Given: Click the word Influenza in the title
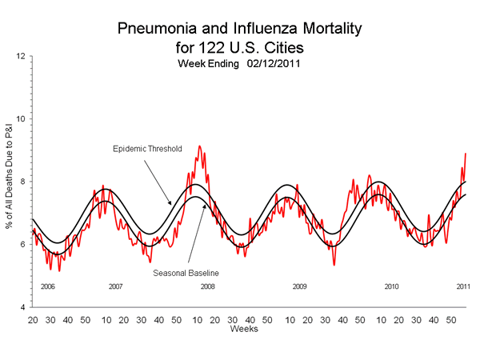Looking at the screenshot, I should point(253,30).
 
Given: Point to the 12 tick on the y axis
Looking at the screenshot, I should point(22,56).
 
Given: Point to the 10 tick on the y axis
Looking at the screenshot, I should point(22,119).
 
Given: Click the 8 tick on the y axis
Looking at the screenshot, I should point(24,182).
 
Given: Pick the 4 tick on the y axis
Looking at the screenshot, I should point(24,307).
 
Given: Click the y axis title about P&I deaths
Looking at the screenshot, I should point(9,182).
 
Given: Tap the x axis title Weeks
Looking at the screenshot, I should point(243,329).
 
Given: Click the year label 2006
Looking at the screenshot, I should point(46,286).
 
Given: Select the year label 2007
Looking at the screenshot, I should point(115,286).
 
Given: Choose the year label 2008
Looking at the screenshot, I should point(207,286).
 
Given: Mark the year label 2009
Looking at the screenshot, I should point(299,286).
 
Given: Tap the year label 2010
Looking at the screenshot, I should point(391,286).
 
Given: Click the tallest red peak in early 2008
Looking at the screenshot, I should point(199,146).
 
